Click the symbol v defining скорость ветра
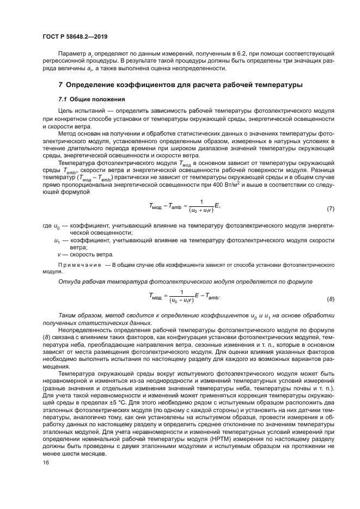click(x=59, y=254)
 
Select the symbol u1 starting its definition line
click(x=57, y=240)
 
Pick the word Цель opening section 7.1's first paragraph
click(x=66, y=111)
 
